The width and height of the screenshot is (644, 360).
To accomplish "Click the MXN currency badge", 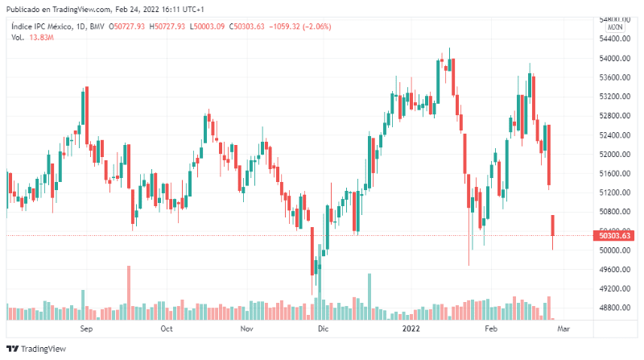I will [x=615, y=27].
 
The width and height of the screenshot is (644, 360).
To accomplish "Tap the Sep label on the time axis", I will [x=87, y=329].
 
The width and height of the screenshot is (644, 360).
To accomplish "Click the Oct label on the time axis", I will [x=167, y=329].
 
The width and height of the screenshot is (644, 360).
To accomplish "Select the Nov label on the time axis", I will [x=247, y=329].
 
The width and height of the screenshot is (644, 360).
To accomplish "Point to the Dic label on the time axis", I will [x=323, y=329].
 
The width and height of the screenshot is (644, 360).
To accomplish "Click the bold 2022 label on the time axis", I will [x=411, y=329].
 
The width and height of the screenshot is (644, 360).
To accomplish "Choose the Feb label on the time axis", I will [x=490, y=329].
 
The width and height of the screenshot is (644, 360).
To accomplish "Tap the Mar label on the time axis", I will [x=564, y=329].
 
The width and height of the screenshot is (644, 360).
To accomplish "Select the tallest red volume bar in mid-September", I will [x=128, y=292].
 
